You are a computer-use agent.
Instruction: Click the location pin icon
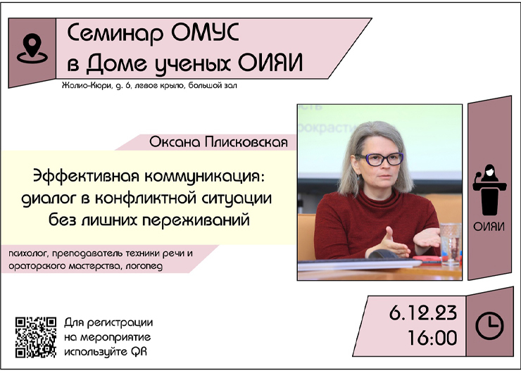[32, 49]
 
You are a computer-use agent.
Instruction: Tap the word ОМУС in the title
[205, 32]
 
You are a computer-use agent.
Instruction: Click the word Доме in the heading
[116, 63]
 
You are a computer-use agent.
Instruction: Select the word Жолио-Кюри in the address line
[87, 86]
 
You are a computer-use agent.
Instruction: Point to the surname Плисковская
[246, 142]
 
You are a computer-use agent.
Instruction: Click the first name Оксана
[175, 142]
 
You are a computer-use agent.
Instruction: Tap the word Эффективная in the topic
[86, 176]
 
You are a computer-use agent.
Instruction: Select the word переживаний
[196, 220]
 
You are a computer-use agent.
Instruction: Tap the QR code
[35, 337]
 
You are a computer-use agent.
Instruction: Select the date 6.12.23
[423, 313]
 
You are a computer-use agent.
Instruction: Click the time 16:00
[432, 338]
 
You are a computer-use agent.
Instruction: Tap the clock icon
[489, 326]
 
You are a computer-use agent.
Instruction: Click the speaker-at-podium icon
[489, 189]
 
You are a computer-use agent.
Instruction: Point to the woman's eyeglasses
[379, 159]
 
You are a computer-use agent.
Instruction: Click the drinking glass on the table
[450, 244]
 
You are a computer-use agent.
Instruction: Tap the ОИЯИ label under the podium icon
[489, 227]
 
